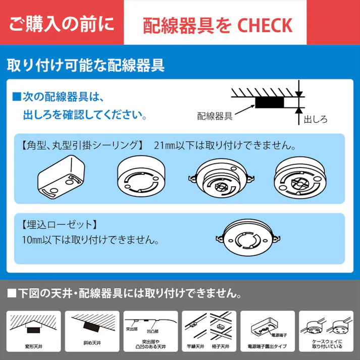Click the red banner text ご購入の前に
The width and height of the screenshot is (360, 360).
click(62, 24)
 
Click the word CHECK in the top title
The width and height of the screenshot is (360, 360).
click(265, 25)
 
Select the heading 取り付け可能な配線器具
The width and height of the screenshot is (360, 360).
click(86, 66)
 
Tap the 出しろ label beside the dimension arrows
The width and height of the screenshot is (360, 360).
click(316, 120)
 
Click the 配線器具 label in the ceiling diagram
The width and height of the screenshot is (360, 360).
click(215, 116)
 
